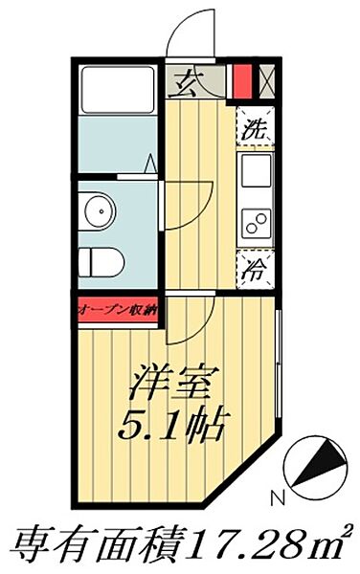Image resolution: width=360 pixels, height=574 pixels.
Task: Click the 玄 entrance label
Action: (x=185, y=83)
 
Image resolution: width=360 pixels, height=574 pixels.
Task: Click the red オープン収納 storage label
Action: (x=120, y=310)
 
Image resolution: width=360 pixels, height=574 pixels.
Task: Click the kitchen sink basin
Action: (x=256, y=173)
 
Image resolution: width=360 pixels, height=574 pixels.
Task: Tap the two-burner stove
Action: (x=256, y=225)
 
